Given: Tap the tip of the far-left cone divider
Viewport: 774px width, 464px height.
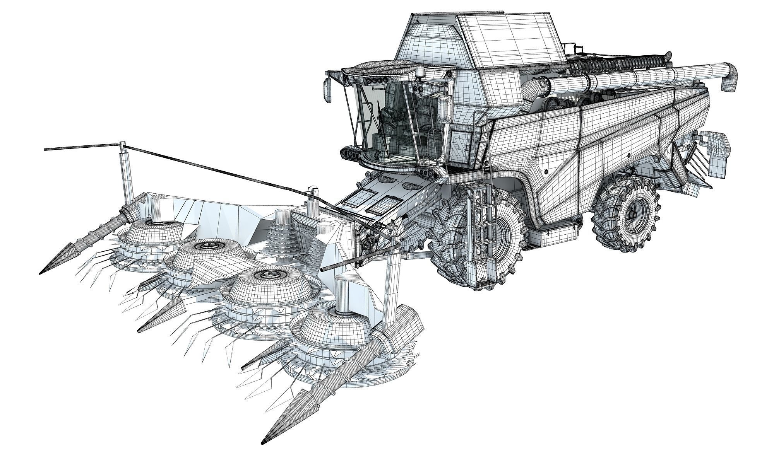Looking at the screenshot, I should tap(41, 273).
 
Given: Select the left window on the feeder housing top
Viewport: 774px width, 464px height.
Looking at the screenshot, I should tap(356, 199).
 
